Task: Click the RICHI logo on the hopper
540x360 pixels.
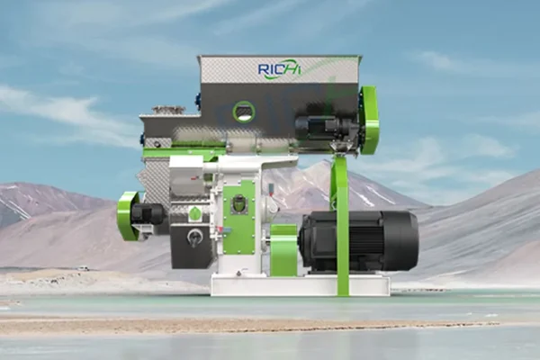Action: pyautogui.click(x=280, y=69)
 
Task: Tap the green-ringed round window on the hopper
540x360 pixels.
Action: pyautogui.click(x=243, y=112)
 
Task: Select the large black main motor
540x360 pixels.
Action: pyautogui.click(x=355, y=240)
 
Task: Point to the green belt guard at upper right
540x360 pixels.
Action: pyautogui.click(x=368, y=120)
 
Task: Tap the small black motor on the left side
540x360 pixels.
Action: pyautogui.click(x=148, y=213)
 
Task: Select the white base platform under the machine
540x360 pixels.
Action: pyautogui.click(x=297, y=284)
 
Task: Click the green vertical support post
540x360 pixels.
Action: pyautogui.click(x=340, y=225)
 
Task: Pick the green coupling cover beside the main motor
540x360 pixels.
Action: pyautogui.click(x=284, y=249)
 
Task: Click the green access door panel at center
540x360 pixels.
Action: pyautogui.click(x=238, y=218)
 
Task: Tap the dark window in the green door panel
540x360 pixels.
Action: pyautogui.click(x=238, y=204)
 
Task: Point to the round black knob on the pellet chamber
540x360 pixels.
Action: pyautogui.click(x=193, y=237)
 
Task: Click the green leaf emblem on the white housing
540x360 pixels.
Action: pyautogui.click(x=194, y=213)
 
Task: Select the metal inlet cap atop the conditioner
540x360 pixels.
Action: pyautogui.click(x=167, y=110)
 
